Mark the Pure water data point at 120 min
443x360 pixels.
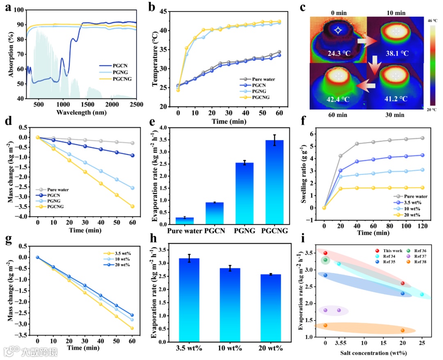point(422,138)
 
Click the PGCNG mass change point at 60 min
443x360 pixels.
point(132,206)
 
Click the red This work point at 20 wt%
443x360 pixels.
point(403,283)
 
